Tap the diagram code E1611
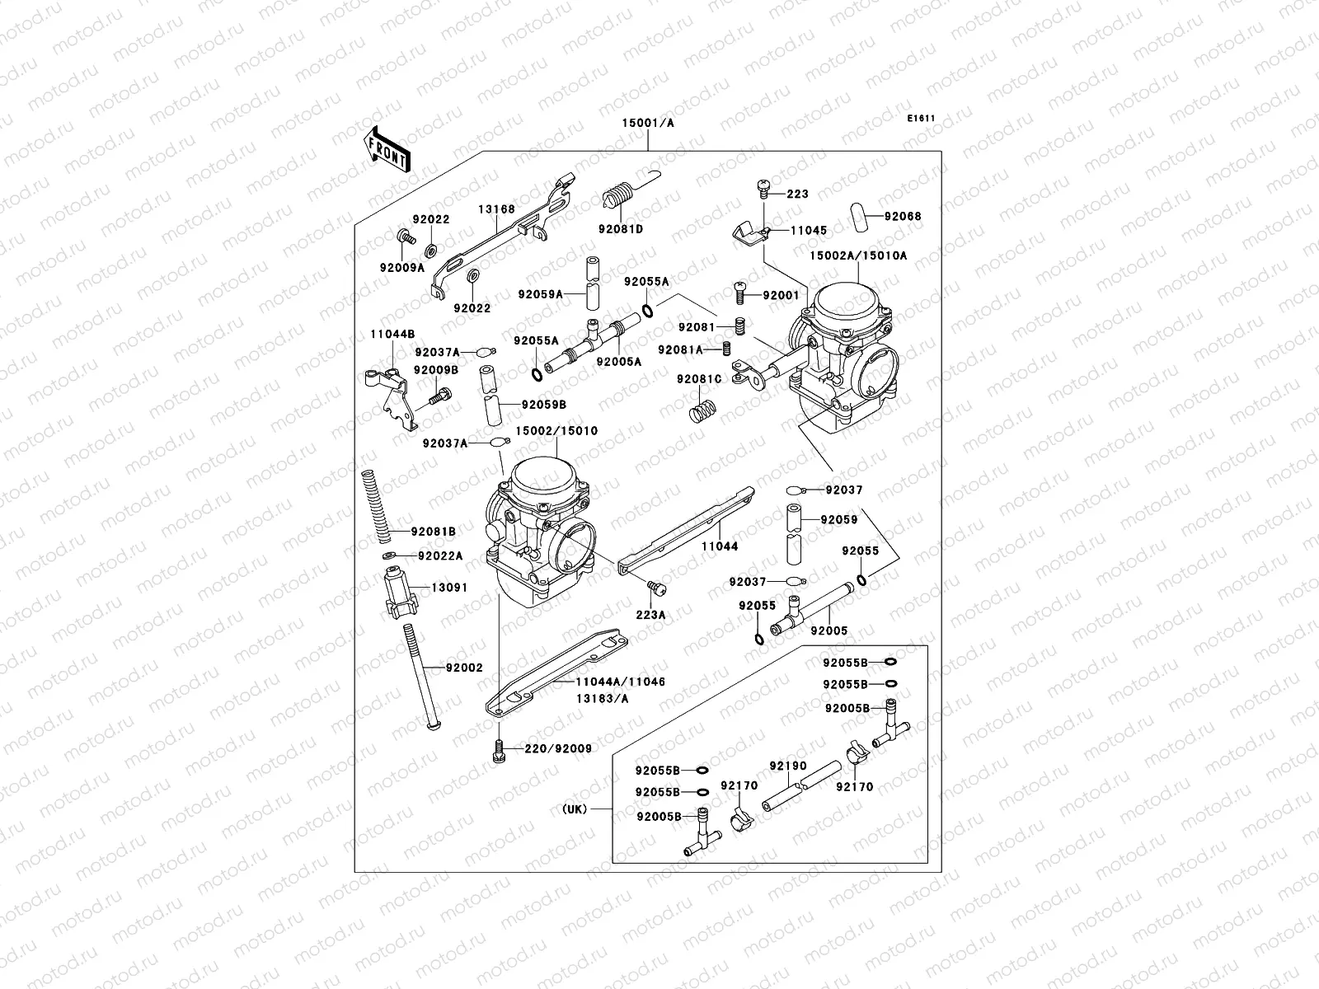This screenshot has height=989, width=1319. click(922, 119)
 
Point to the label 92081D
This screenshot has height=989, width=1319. click(627, 228)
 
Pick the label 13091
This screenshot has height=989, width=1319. click(449, 588)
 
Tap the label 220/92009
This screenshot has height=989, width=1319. click(558, 749)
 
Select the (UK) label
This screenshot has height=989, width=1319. click(575, 809)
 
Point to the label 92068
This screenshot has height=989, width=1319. click(903, 217)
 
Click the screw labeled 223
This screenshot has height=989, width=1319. click(763, 192)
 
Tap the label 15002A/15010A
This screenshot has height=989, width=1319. click(857, 255)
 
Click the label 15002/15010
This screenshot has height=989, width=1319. click(556, 431)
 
